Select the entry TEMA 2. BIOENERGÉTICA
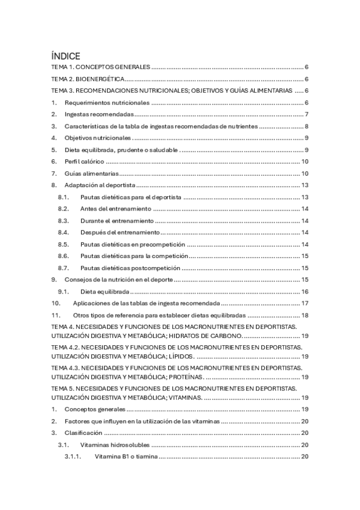(x=88, y=79)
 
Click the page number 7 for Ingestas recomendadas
(x=306, y=114)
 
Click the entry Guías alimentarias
(x=91, y=173)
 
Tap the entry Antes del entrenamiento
(x=115, y=209)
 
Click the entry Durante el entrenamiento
(x=118, y=221)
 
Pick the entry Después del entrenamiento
(x=120, y=232)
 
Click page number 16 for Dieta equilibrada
(x=305, y=291)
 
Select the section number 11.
(x=56, y=315)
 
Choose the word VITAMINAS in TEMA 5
(x=186, y=398)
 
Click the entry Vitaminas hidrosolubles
(x=114, y=445)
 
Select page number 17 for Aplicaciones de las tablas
(x=305, y=303)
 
